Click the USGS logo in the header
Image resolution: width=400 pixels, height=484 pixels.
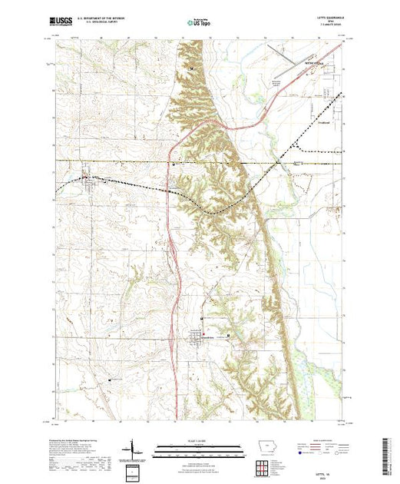pos(62,23)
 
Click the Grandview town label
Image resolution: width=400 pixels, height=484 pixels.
pos(196,337)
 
